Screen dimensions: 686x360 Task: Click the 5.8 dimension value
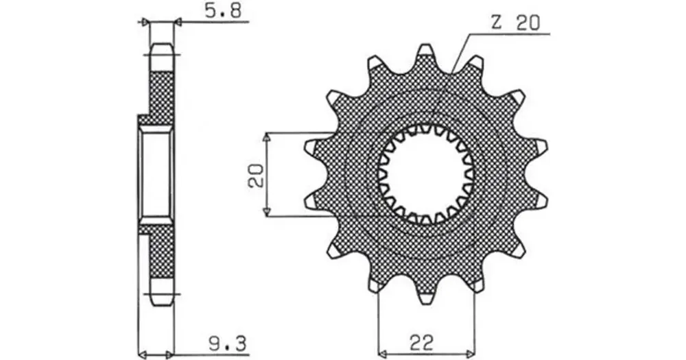tap(223, 12)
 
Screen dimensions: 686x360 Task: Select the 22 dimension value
tap(421, 343)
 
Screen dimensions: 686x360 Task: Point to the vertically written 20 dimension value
tap(255, 175)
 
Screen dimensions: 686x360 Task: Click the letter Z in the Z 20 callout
tap(496, 23)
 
